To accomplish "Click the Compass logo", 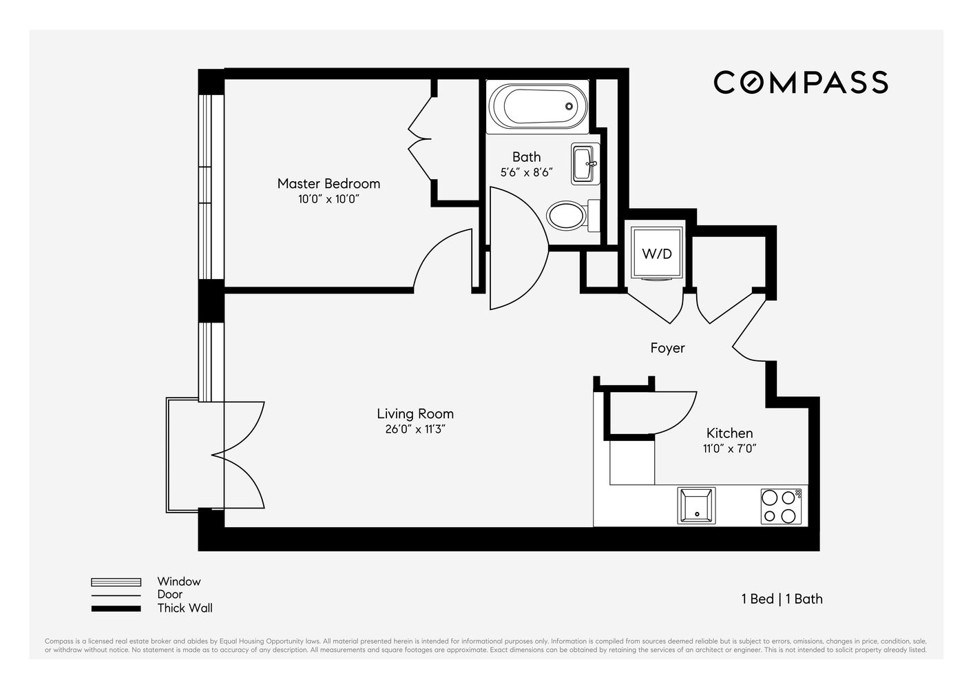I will [x=800, y=82].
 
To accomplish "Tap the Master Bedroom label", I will [x=328, y=183].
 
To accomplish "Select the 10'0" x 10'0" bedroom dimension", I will [x=329, y=199].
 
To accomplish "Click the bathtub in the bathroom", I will [x=538, y=106].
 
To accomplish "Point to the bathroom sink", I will [x=584, y=164].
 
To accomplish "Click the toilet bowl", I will [x=566, y=215].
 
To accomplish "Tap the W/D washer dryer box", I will [x=656, y=254].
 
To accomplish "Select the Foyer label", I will [x=667, y=348].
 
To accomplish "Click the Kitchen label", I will [x=729, y=433].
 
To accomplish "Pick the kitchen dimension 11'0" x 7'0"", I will [x=729, y=449].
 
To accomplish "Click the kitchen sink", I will [x=696, y=505].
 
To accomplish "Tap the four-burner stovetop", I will [x=781, y=506].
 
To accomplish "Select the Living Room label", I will [x=415, y=413].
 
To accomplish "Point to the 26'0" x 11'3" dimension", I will [x=415, y=429].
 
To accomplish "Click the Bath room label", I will [x=526, y=156].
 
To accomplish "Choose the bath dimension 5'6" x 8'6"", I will [x=526, y=172].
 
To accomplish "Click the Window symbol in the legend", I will [x=116, y=582].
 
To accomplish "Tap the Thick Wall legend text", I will [x=185, y=608].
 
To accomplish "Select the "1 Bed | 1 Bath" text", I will [x=782, y=599].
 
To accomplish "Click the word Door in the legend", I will [x=169, y=595].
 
